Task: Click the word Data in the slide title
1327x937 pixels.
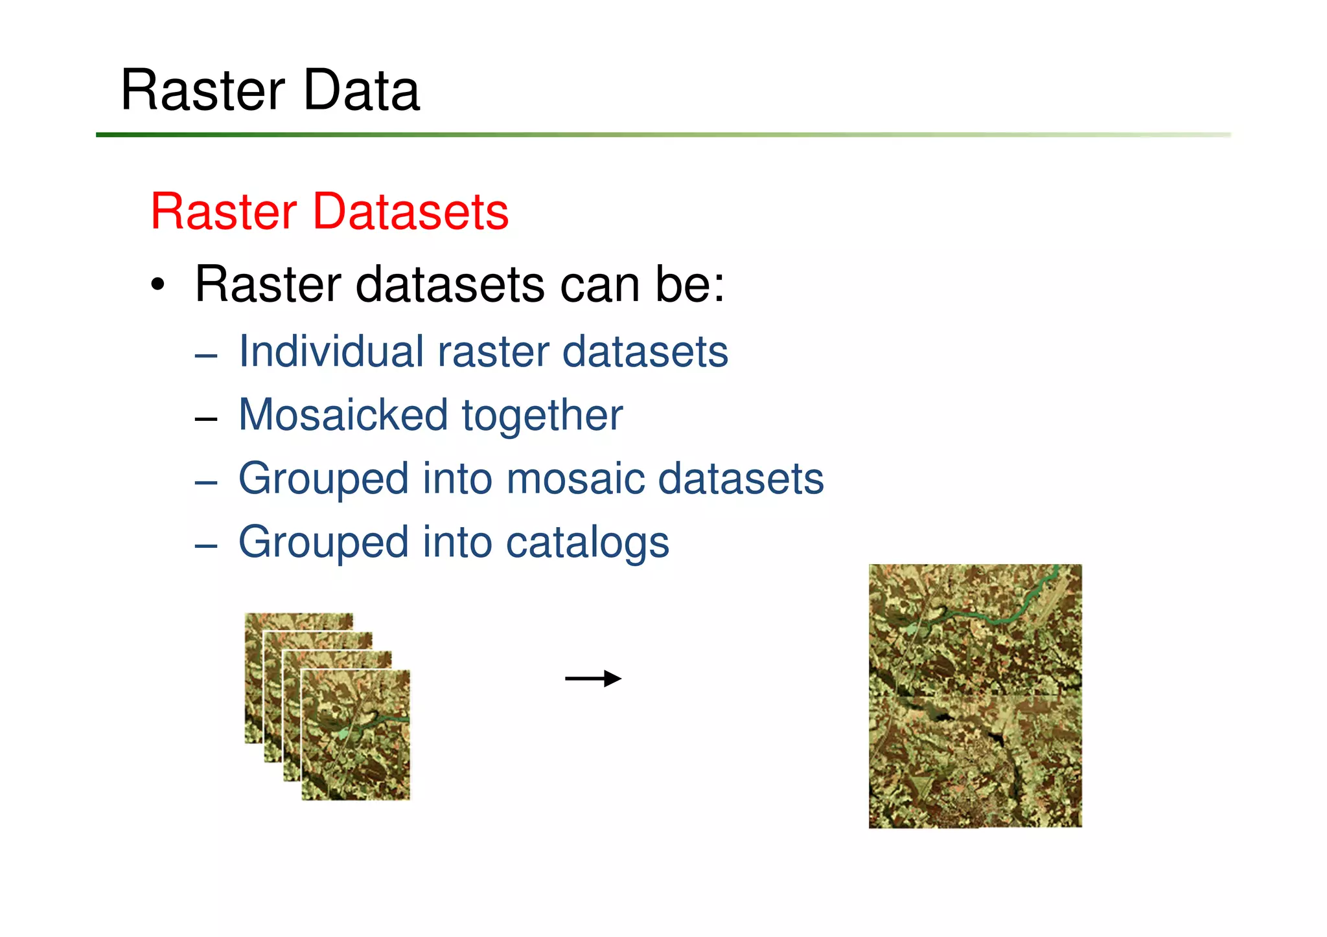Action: (361, 90)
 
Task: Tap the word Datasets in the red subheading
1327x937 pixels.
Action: (410, 212)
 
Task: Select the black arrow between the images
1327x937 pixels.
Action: (593, 679)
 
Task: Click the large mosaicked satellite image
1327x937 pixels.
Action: (975, 696)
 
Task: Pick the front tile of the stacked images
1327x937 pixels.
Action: (356, 735)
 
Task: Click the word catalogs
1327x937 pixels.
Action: (587, 542)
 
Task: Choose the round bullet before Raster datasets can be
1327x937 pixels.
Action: (157, 285)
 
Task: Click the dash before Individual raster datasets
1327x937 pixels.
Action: (205, 356)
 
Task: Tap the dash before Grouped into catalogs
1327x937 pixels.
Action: (205, 546)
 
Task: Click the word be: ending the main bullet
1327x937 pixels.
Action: (689, 284)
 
